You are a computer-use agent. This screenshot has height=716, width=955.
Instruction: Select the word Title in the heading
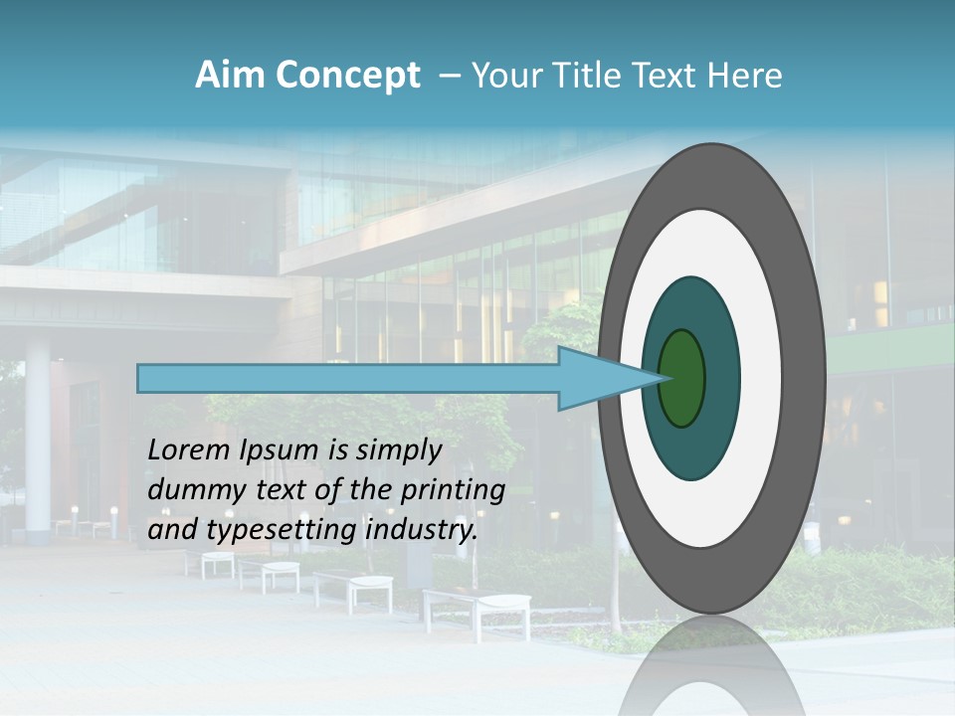[x=589, y=76]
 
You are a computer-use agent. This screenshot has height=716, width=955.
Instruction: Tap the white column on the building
[x=38, y=438]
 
